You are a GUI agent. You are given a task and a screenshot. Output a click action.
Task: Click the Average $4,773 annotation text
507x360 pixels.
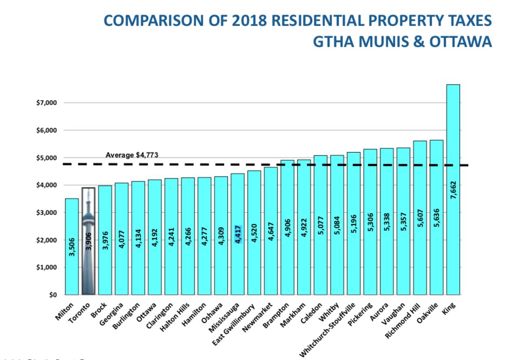pyautogui.click(x=131, y=155)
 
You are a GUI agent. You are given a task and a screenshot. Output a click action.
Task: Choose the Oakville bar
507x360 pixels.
pyautogui.click(x=436, y=217)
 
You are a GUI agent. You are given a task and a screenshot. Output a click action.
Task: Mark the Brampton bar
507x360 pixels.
pyautogui.click(x=287, y=227)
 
